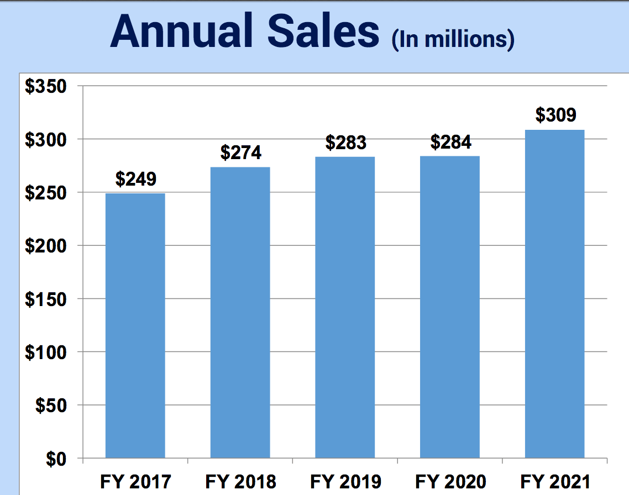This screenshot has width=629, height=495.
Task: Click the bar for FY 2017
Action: pyautogui.click(x=135, y=325)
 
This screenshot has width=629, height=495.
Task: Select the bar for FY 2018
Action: pyautogui.click(x=240, y=312)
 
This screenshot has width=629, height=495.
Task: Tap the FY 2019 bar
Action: pyautogui.click(x=345, y=307)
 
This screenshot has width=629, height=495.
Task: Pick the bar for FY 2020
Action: pyautogui.click(x=450, y=307)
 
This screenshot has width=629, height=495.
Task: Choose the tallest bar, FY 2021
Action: pyautogui.click(x=555, y=293)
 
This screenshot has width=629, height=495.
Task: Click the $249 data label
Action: pyautogui.click(x=135, y=179)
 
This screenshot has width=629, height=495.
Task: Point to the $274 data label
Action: pyautogui.click(x=240, y=152)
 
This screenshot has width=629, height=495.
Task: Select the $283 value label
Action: pyautogui.click(x=345, y=143)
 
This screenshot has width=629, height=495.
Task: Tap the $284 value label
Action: pyautogui.click(x=450, y=143)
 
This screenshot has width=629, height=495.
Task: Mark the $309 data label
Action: pyautogui.click(x=555, y=115)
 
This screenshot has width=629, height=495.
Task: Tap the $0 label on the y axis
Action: pyautogui.click(x=56, y=459)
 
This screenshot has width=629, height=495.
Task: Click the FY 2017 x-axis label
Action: pyautogui.click(x=135, y=482)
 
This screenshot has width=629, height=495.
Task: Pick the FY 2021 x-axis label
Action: pyautogui.click(x=555, y=482)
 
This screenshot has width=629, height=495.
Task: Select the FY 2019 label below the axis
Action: pyautogui.click(x=345, y=482)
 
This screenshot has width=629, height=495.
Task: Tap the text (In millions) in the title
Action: pyautogui.click(x=453, y=40)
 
